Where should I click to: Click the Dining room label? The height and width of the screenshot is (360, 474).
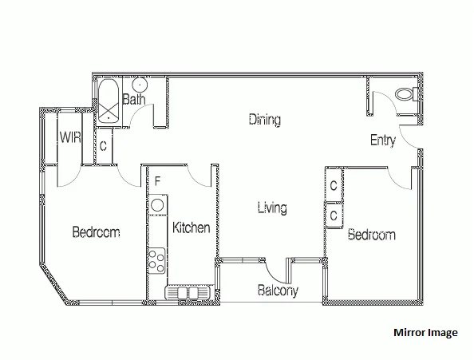coord(264,121)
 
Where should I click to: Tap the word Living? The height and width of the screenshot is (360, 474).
coord(272,208)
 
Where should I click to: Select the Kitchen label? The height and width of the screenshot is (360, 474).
coord(192,227)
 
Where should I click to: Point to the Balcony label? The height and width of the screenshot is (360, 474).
coord(278,291)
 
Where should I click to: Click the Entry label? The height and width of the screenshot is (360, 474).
coord(383,140)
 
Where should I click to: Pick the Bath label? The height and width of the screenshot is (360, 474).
coord(134,101)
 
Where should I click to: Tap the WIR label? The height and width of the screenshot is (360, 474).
coord(69,137)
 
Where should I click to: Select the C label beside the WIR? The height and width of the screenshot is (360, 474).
coord(104,146)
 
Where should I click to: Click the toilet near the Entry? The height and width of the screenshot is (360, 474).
coord(405,93)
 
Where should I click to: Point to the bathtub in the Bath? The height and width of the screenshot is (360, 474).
coord(108,101)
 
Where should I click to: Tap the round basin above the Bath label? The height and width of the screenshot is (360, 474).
coord(138,85)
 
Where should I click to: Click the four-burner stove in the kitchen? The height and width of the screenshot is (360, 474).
coord(156,259)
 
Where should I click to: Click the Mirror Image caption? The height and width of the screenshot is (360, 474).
coord(425,333)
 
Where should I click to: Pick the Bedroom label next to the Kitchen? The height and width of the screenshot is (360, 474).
coord(96,232)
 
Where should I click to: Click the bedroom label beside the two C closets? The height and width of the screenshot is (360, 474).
coord(371,235)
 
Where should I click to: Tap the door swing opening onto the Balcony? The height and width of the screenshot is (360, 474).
coord(279,269)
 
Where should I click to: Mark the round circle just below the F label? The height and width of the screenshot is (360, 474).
coord(156,204)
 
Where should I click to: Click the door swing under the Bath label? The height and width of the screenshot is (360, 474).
coord(141,117)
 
